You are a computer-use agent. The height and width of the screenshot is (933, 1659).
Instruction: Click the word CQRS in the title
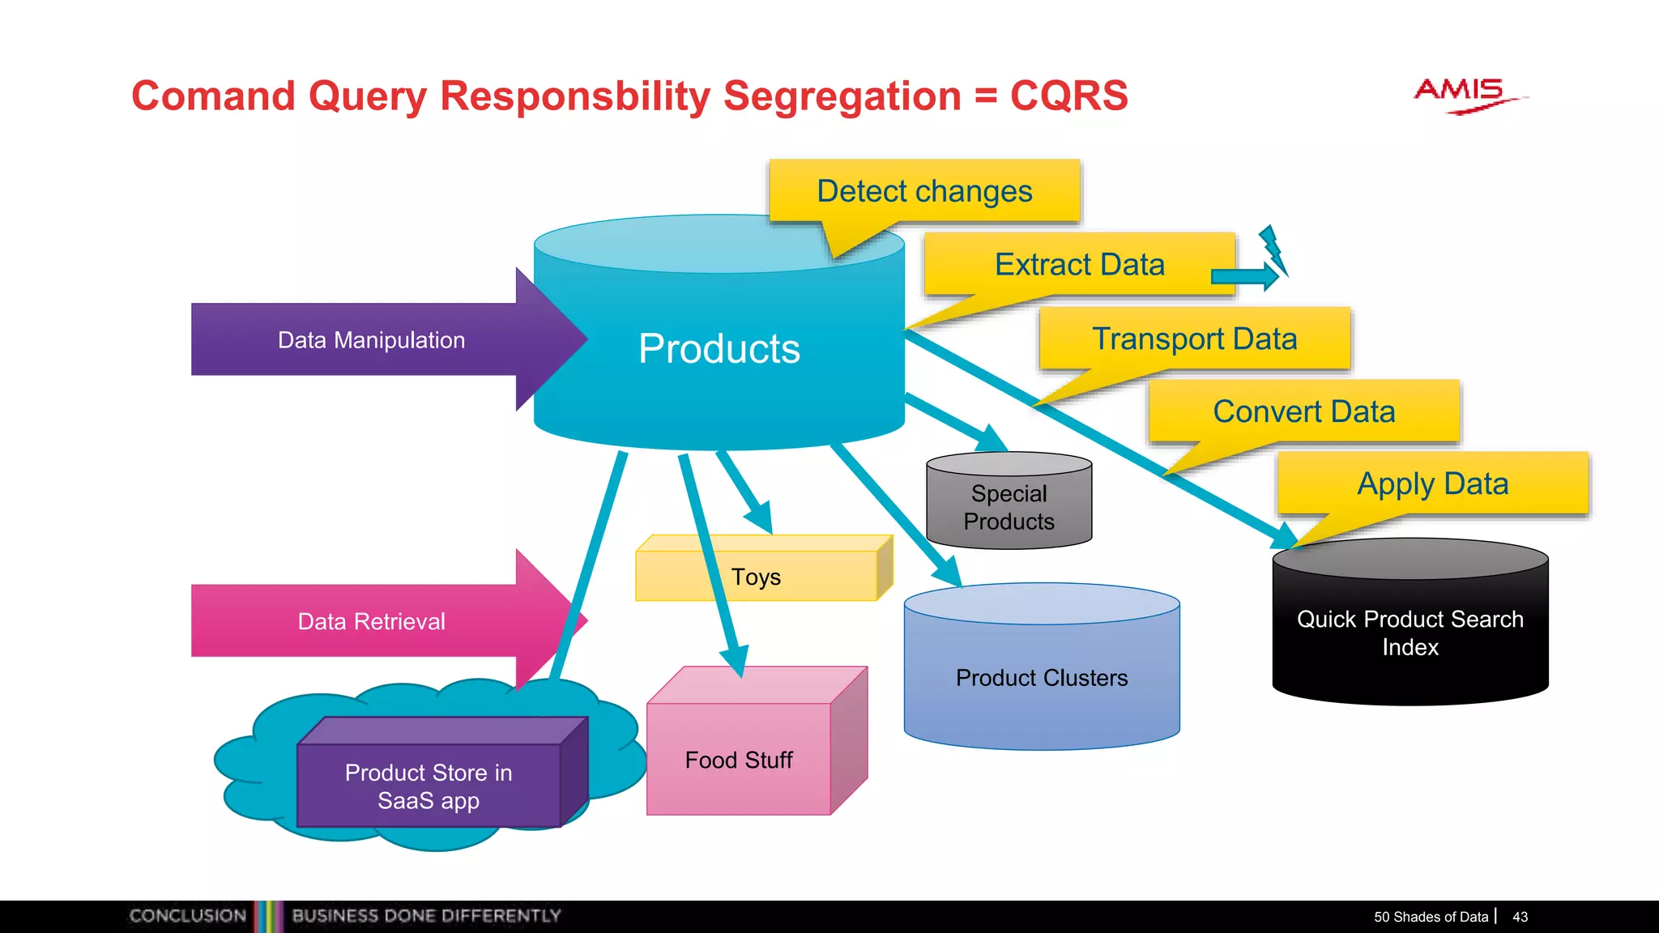tap(1068, 96)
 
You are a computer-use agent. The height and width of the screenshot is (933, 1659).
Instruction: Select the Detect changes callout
tap(924, 192)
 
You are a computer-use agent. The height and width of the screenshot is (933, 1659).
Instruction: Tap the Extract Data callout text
tap(1079, 265)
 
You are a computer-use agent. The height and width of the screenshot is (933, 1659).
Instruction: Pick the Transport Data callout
tap(1194, 339)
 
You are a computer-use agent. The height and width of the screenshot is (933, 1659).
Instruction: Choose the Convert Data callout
tap(1303, 411)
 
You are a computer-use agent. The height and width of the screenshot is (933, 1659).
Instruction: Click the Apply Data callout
tap(1432, 484)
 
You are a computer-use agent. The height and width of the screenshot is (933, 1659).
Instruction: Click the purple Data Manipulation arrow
tap(372, 340)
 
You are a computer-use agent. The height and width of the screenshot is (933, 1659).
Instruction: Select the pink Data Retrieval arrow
tap(372, 621)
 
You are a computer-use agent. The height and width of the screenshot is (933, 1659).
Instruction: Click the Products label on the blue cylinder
tap(719, 349)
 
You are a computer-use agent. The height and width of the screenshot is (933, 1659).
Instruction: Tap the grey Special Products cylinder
tap(1009, 507)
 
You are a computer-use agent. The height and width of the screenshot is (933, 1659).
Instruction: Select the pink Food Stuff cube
tap(738, 759)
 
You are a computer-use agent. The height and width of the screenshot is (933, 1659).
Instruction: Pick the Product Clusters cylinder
tap(1041, 677)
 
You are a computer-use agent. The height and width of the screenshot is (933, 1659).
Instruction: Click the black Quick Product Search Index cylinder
tap(1410, 633)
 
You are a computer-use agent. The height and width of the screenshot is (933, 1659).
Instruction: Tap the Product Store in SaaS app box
tap(429, 786)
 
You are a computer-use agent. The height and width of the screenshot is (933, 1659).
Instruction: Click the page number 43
tap(1520, 917)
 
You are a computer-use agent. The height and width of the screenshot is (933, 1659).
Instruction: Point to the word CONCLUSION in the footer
tap(188, 916)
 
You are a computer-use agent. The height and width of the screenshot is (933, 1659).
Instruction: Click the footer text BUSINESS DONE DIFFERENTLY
tap(426, 916)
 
